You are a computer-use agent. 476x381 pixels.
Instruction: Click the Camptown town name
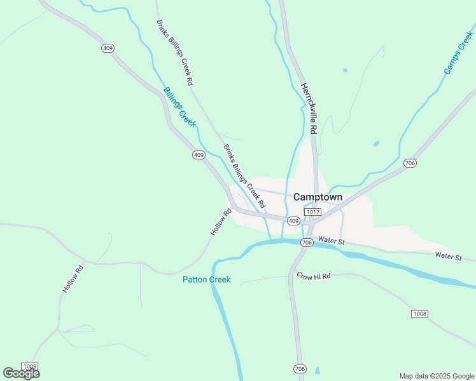(318, 197)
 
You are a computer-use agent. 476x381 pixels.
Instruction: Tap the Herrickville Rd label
(309, 109)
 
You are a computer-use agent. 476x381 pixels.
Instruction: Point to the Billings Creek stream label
(179, 107)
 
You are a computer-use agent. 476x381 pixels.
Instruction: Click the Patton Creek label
(206, 279)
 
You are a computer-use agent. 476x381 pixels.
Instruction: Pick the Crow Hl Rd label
(314, 276)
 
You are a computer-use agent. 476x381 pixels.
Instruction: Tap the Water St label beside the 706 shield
(331, 241)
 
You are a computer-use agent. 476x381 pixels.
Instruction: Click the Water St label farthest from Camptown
(448, 256)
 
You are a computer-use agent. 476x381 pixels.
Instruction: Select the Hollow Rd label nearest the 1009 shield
(73, 278)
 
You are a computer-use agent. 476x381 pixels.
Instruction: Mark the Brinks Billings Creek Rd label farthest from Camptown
(174, 53)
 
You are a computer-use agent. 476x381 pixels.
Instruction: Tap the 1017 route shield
(312, 211)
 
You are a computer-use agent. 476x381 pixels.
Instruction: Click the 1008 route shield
(419, 314)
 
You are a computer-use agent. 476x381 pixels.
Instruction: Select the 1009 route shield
(29, 366)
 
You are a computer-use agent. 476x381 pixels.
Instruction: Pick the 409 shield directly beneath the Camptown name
(293, 221)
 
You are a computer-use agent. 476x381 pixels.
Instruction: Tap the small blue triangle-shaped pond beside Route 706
(317, 370)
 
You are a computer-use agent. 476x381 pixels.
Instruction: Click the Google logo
(21, 373)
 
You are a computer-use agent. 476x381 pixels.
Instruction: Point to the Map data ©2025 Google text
(436, 376)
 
